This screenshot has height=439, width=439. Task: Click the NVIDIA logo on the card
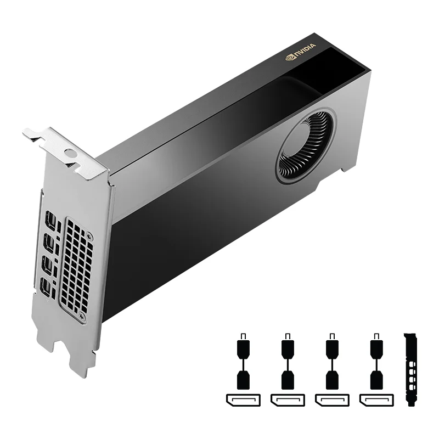click(300, 53)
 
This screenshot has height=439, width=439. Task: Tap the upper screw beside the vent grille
click(89, 237)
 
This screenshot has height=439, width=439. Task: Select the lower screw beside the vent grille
click(82, 317)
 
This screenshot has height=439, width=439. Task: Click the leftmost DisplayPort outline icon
click(243, 399)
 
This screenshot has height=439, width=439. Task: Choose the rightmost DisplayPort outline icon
click(378, 399)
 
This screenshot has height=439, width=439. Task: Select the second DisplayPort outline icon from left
click(288, 399)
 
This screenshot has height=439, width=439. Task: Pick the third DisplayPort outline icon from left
click(333, 399)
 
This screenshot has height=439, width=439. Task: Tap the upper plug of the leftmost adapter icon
click(243, 347)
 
